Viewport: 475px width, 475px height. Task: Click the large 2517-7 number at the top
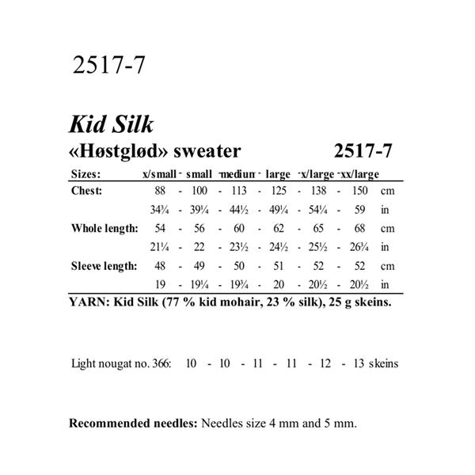point(108,66)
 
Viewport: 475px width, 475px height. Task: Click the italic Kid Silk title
point(112,125)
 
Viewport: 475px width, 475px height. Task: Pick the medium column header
point(237,174)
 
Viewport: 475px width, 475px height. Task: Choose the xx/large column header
point(360,174)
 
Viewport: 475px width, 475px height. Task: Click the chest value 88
point(161,192)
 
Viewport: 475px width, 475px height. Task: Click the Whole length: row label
point(104,229)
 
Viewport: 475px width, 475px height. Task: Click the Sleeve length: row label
point(104,266)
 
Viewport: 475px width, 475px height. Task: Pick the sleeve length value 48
point(161,266)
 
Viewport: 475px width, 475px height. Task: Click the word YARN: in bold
point(89,302)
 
